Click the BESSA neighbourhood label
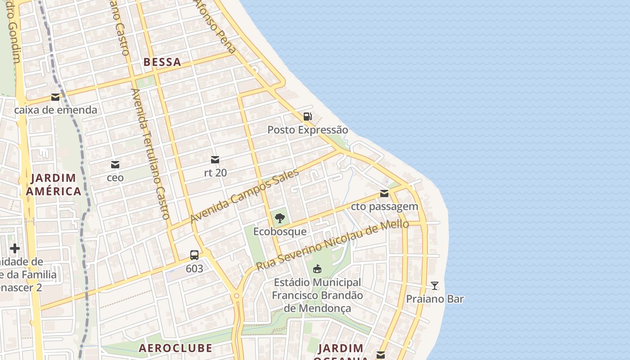click(x=162, y=63)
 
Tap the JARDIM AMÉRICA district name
click(x=53, y=185)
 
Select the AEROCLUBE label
click(x=175, y=348)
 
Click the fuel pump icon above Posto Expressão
click(x=307, y=117)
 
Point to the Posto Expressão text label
click(x=307, y=130)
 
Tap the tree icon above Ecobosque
click(x=279, y=219)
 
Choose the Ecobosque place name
click(x=279, y=232)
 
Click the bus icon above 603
click(x=194, y=255)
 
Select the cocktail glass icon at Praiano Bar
click(x=435, y=286)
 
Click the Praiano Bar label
click(x=435, y=299)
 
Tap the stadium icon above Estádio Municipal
click(x=317, y=269)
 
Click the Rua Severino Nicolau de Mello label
click(x=332, y=245)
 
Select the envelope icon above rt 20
click(x=215, y=160)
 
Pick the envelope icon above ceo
click(x=115, y=165)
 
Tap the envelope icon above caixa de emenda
click(x=55, y=97)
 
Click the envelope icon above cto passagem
click(x=384, y=193)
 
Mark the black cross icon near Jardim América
click(x=15, y=248)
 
